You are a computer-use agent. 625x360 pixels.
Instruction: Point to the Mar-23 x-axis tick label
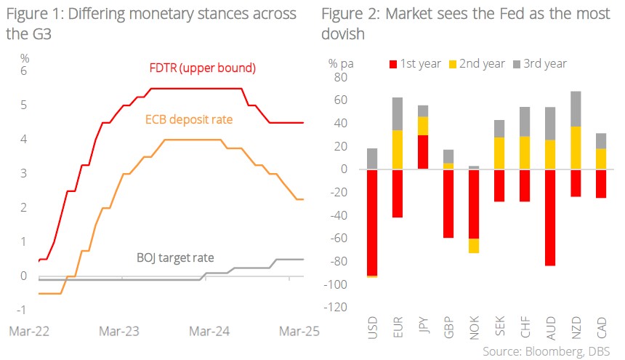[x=119, y=331]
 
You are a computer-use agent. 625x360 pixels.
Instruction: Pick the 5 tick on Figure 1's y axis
[x=23, y=105]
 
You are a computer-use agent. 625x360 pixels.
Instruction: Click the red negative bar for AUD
[x=550, y=217]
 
